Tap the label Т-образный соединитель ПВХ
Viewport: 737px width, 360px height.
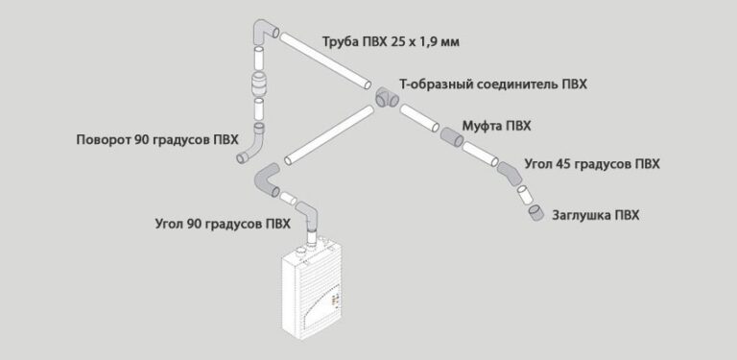point(493,84)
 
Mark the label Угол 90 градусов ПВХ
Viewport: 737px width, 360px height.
point(222,225)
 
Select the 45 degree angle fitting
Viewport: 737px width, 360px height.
point(510,173)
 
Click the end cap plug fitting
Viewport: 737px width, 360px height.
point(536,211)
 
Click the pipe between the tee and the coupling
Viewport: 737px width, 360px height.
point(418,119)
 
